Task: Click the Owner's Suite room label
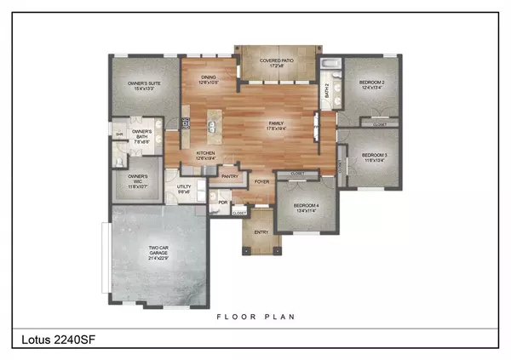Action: (x=143, y=84)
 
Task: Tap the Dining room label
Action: (x=210, y=80)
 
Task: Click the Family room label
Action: (x=276, y=126)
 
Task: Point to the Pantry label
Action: (x=230, y=177)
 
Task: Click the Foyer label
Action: (x=261, y=181)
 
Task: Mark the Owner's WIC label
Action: (x=138, y=180)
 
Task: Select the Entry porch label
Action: (x=262, y=231)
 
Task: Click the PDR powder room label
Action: (x=222, y=202)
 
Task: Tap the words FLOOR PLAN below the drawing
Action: (x=255, y=317)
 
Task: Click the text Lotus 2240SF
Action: (x=55, y=341)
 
